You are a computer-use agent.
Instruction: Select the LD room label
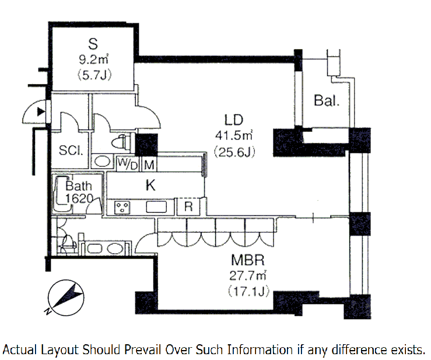tap(233, 121)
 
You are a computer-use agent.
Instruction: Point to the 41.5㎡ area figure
tap(233, 137)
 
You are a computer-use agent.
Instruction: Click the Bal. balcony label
tap(327, 100)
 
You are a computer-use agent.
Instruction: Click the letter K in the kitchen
tap(150, 186)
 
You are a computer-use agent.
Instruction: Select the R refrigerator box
tap(189, 206)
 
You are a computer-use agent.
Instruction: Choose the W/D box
tap(128, 165)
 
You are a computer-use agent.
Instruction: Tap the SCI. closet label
tap(71, 150)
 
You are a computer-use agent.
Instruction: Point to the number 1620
tap(79, 198)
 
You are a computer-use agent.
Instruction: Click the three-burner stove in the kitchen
tap(123, 207)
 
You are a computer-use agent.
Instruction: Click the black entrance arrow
tap(40, 111)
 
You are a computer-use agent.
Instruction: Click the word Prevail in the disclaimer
tap(144, 349)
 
